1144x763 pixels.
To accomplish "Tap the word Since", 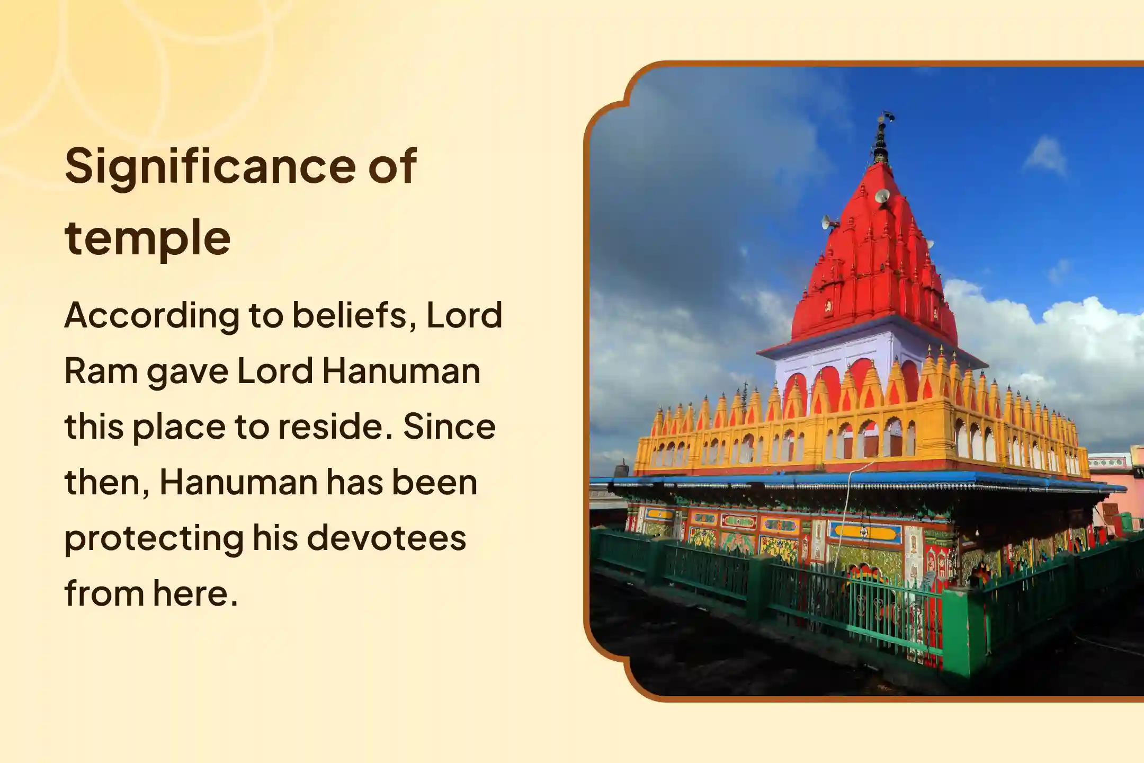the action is pos(449,427).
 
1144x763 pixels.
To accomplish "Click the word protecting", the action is pos(154,539).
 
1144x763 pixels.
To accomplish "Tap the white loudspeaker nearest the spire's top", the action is pos(882,197).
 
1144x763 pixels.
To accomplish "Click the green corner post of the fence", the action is pos(957,631).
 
